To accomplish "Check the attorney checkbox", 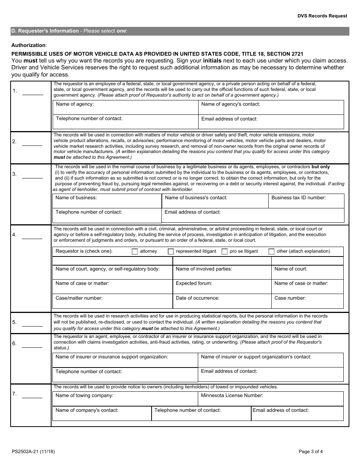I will point(135,252).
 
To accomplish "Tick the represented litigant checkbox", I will point(171,252).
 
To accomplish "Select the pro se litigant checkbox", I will point(225,252).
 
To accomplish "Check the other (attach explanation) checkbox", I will point(271,252).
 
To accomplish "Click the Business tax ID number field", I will point(306,201).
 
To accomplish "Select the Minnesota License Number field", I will point(271,399).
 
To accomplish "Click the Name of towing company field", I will point(125,399).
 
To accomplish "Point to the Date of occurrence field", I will point(222,302).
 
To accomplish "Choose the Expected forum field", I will point(222,287).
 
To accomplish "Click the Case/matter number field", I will point(112,302).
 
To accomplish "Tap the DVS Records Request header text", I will point(322,16).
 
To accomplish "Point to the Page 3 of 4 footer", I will point(311,451).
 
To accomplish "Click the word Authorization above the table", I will point(28,45).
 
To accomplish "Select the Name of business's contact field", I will point(215,201).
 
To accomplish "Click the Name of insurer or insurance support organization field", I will point(125,360).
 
